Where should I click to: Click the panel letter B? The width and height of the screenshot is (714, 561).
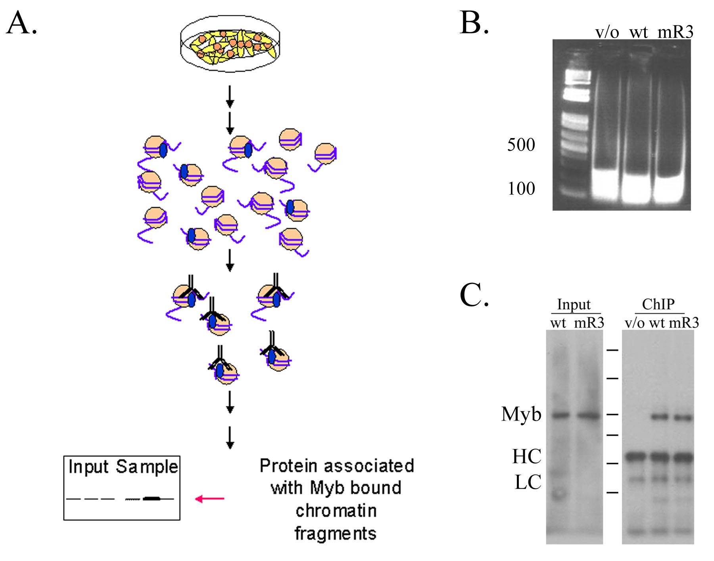474,23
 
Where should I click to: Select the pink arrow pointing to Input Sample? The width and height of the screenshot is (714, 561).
210,499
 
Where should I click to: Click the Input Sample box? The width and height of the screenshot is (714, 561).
122,488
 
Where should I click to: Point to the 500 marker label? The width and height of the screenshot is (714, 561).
521,145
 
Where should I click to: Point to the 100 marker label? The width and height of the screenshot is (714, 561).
521,188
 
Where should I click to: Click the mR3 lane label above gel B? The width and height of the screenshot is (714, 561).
675,32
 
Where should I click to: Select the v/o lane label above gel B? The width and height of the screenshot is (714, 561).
607,32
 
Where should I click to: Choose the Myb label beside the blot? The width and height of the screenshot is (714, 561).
521,415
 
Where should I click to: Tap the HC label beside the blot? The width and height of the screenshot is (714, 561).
527,456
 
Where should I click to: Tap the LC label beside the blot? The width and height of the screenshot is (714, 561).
528,482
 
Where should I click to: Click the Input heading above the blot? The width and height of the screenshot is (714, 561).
574,305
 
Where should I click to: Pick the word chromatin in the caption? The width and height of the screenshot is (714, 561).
336,511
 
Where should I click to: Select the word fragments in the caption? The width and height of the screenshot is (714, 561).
335,533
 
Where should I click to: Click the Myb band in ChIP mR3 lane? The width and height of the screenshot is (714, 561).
683,418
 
